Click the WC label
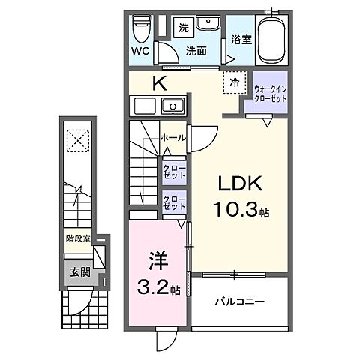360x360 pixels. click(139, 52)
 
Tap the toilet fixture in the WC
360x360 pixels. click(141, 30)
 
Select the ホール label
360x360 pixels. click(173, 137)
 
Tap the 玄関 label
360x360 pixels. click(80, 271)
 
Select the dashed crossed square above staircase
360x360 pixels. click(77, 140)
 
